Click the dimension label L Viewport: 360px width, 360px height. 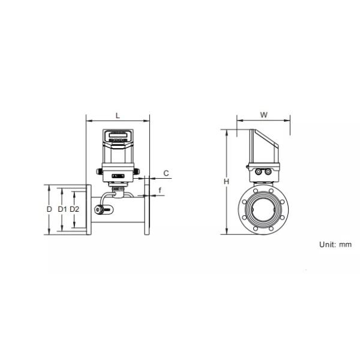pyautogui.click(x=118, y=115)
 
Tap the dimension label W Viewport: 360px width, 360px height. pyautogui.click(x=264, y=115)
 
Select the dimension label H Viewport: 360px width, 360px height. pyautogui.click(x=226, y=182)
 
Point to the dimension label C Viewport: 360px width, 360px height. pyautogui.click(x=166, y=173)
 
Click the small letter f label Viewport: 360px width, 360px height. pyautogui.click(x=160, y=190)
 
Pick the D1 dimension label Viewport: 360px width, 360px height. pyautogui.click(x=62, y=209)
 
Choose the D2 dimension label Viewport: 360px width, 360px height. pyautogui.click(x=74, y=209)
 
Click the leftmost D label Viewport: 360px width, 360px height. pyautogui.click(x=49, y=209)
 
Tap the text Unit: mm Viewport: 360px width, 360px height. pyautogui.click(x=335, y=245)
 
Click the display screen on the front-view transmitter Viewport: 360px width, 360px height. pyautogui.click(x=118, y=135)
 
